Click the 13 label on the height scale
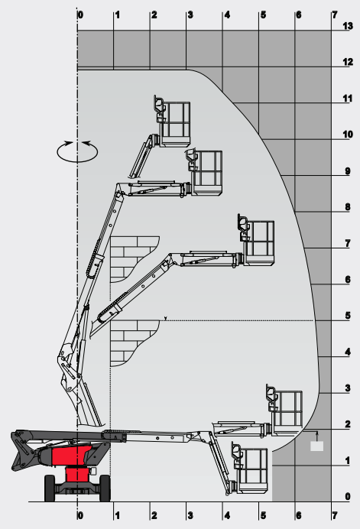(x=348, y=26)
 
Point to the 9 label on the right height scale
(x=348, y=171)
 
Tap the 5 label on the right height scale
(x=348, y=316)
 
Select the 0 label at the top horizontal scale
(x=81, y=15)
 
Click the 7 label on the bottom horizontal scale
(x=334, y=515)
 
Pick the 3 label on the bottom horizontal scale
(x=190, y=515)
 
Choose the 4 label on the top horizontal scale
(x=227, y=15)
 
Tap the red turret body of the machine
(x=72, y=456)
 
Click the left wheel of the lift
(x=50, y=488)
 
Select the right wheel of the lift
(x=105, y=488)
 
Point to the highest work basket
(x=173, y=122)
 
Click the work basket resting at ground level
(x=250, y=468)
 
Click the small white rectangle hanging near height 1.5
(x=316, y=446)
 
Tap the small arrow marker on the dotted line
(x=165, y=318)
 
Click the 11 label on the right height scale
(x=348, y=99)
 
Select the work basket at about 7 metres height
(x=256, y=240)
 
